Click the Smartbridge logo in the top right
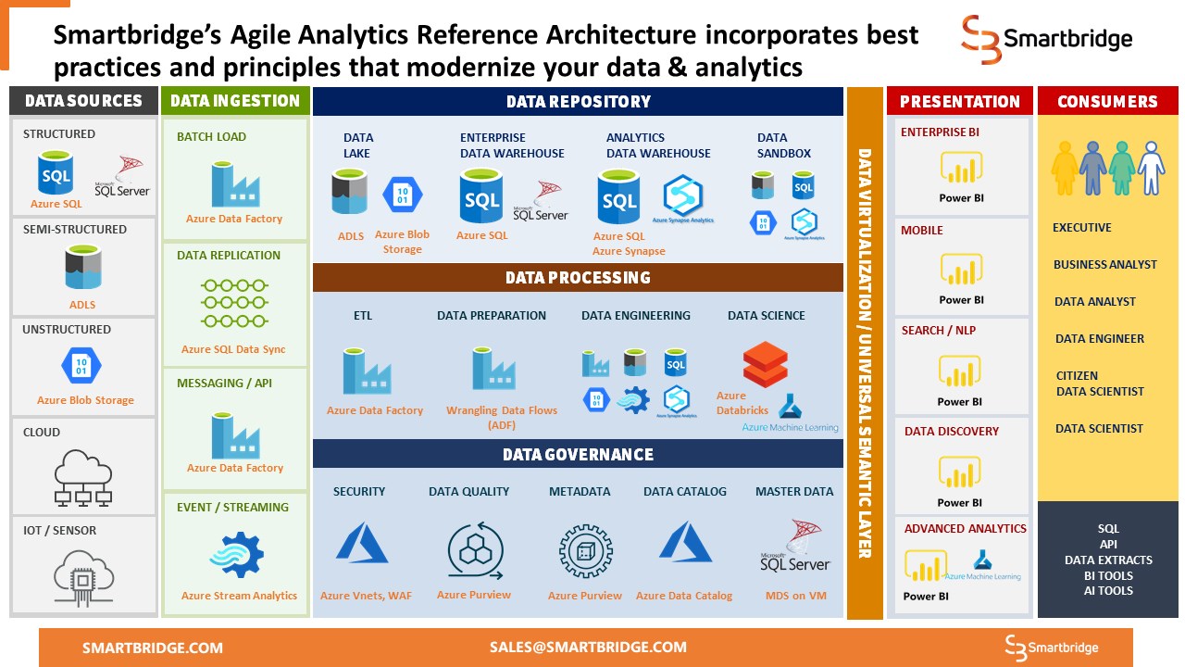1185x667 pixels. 1046,39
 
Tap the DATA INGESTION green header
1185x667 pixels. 236,101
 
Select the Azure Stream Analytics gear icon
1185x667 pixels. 237,555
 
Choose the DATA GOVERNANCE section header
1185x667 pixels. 578,454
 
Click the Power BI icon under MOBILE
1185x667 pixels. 961,271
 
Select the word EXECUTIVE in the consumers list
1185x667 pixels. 1081,228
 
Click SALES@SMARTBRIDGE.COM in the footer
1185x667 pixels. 588,648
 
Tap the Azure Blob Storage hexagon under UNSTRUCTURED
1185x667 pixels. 81,365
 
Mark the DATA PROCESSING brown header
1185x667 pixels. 578,278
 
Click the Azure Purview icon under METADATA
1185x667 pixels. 585,551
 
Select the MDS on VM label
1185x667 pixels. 795,596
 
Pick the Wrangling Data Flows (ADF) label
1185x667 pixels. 501,418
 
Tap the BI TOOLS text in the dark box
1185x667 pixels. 1108,575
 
